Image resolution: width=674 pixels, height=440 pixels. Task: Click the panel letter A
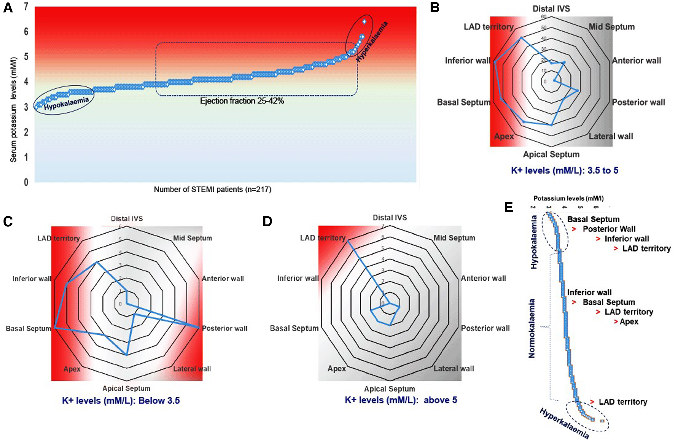pos(8,8)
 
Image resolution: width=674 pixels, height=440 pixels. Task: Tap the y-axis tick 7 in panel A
pos(26,6)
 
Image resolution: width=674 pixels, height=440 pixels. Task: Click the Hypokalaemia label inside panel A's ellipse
pos(66,103)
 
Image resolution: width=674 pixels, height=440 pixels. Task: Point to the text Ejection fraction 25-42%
pos(242,101)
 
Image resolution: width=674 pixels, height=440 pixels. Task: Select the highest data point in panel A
pos(364,22)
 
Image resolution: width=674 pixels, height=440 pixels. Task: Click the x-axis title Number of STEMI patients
pos(212,190)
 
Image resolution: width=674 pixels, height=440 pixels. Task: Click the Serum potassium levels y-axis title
pos(14,109)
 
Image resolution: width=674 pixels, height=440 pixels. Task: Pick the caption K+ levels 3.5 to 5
pos(565,170)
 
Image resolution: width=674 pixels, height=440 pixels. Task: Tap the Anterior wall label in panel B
pos(636,61)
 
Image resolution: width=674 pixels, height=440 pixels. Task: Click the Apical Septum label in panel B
pos(551,154)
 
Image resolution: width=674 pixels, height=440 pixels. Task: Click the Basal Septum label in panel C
pos(28,328)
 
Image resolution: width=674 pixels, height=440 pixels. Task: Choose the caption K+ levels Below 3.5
pos(121,401)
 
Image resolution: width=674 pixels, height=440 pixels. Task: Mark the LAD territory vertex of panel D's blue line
pos(347,241)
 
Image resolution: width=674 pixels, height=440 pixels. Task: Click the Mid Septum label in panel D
pos(454,238)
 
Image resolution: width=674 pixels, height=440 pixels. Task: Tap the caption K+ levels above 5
pos(401,400)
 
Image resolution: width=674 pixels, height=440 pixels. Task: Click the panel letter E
pos(508,207)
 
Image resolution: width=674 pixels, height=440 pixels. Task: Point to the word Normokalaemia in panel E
pos(532,328)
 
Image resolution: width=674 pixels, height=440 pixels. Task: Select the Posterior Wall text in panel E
pos(609,229)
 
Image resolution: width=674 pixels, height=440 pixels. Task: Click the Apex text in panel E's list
pos(629,322)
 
